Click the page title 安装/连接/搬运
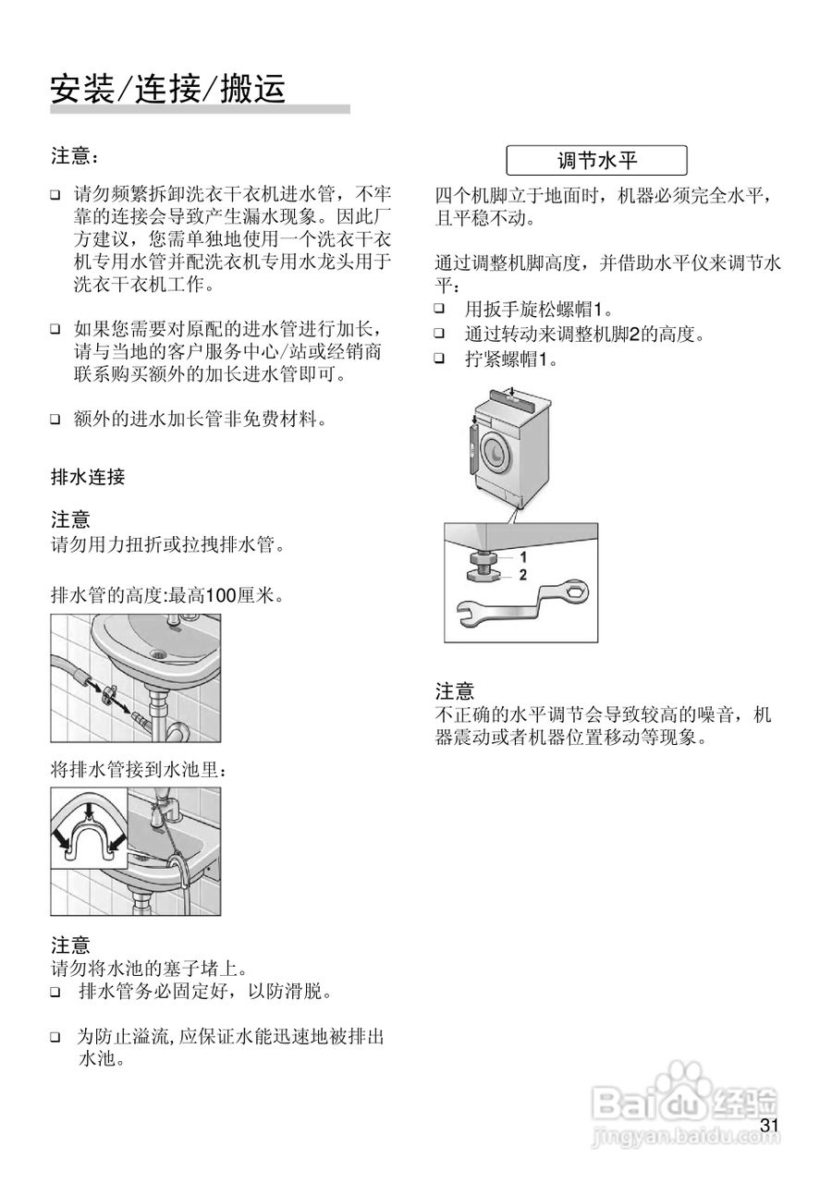[167, 89]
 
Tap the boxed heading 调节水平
[596, 161]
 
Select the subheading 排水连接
[88, 478]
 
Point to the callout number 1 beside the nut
[522, 557]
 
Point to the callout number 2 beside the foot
[522, 575]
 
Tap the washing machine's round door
[495, 450]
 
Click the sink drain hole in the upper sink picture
[159, 654]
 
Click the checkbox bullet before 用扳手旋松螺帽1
[440, 309]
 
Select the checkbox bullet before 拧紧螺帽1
[440, 359]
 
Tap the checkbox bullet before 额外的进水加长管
[55, 421]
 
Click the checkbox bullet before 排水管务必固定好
[55, 994]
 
